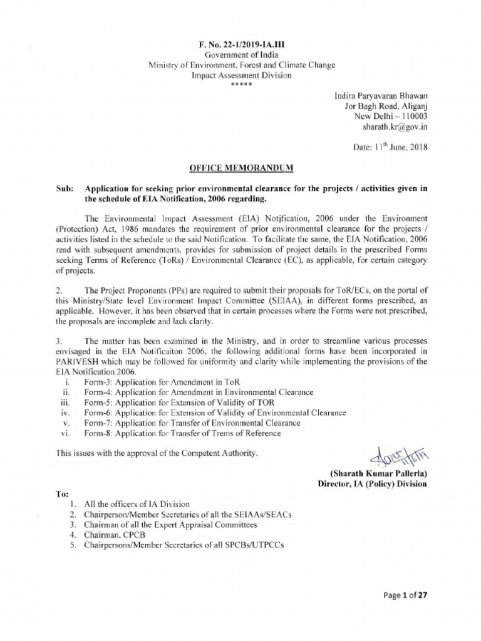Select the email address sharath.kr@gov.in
coord(395,126)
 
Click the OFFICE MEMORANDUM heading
coord(240,168)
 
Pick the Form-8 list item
coord(182,433)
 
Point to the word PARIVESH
coord(81,361)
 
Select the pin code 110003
coord(411,116)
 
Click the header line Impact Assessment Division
coord(240,75)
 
